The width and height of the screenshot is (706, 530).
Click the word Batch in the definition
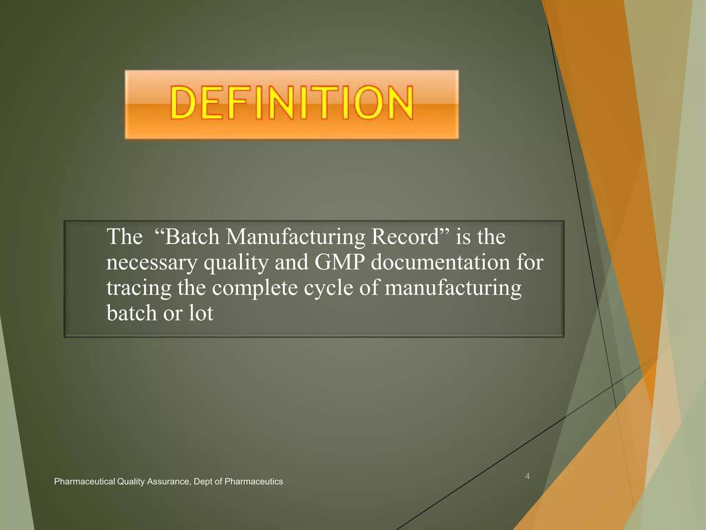pyautogui.click(x=192, y=237)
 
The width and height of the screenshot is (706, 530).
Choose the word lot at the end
pyautogui.click(x=201, y=313)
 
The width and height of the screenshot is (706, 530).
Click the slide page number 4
pyautogui.click(x=527, y=476)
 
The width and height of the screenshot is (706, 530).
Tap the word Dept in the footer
pyautogui.click(x=203, y=482)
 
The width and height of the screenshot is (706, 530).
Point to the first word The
pyautogui.click(x=124, y=237)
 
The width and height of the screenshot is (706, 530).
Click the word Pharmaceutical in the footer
pyautogui.click(x=84, y=481)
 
